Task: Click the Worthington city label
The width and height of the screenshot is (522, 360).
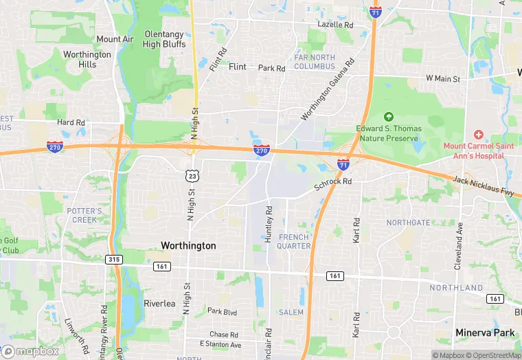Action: (x=188, y=245)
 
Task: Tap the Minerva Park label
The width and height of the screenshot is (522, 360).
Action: (x=485, y=333)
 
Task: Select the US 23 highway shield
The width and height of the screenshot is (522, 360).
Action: (x=192, y=177)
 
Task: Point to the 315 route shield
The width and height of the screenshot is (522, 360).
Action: (x=113, y=259)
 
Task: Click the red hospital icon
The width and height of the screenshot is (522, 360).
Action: (x=478, y=135)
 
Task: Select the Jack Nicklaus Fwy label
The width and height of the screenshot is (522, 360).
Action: (x=484, y=186)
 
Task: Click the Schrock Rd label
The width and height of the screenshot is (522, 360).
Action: (x=333, y=182)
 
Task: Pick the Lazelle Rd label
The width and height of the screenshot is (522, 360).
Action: (x=335, y=25)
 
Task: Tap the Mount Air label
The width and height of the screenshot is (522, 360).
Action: (x=115, y=39)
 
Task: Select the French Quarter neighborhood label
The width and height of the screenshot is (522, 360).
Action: (x=294, y=241)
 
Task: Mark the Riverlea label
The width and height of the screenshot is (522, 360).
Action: (x=160, y=303)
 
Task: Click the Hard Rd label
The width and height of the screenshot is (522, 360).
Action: (x=71, y=122)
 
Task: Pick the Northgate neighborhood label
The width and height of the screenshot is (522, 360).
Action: (x=408, y=223)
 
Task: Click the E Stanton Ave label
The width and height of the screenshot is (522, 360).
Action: (x=220, y=344)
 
